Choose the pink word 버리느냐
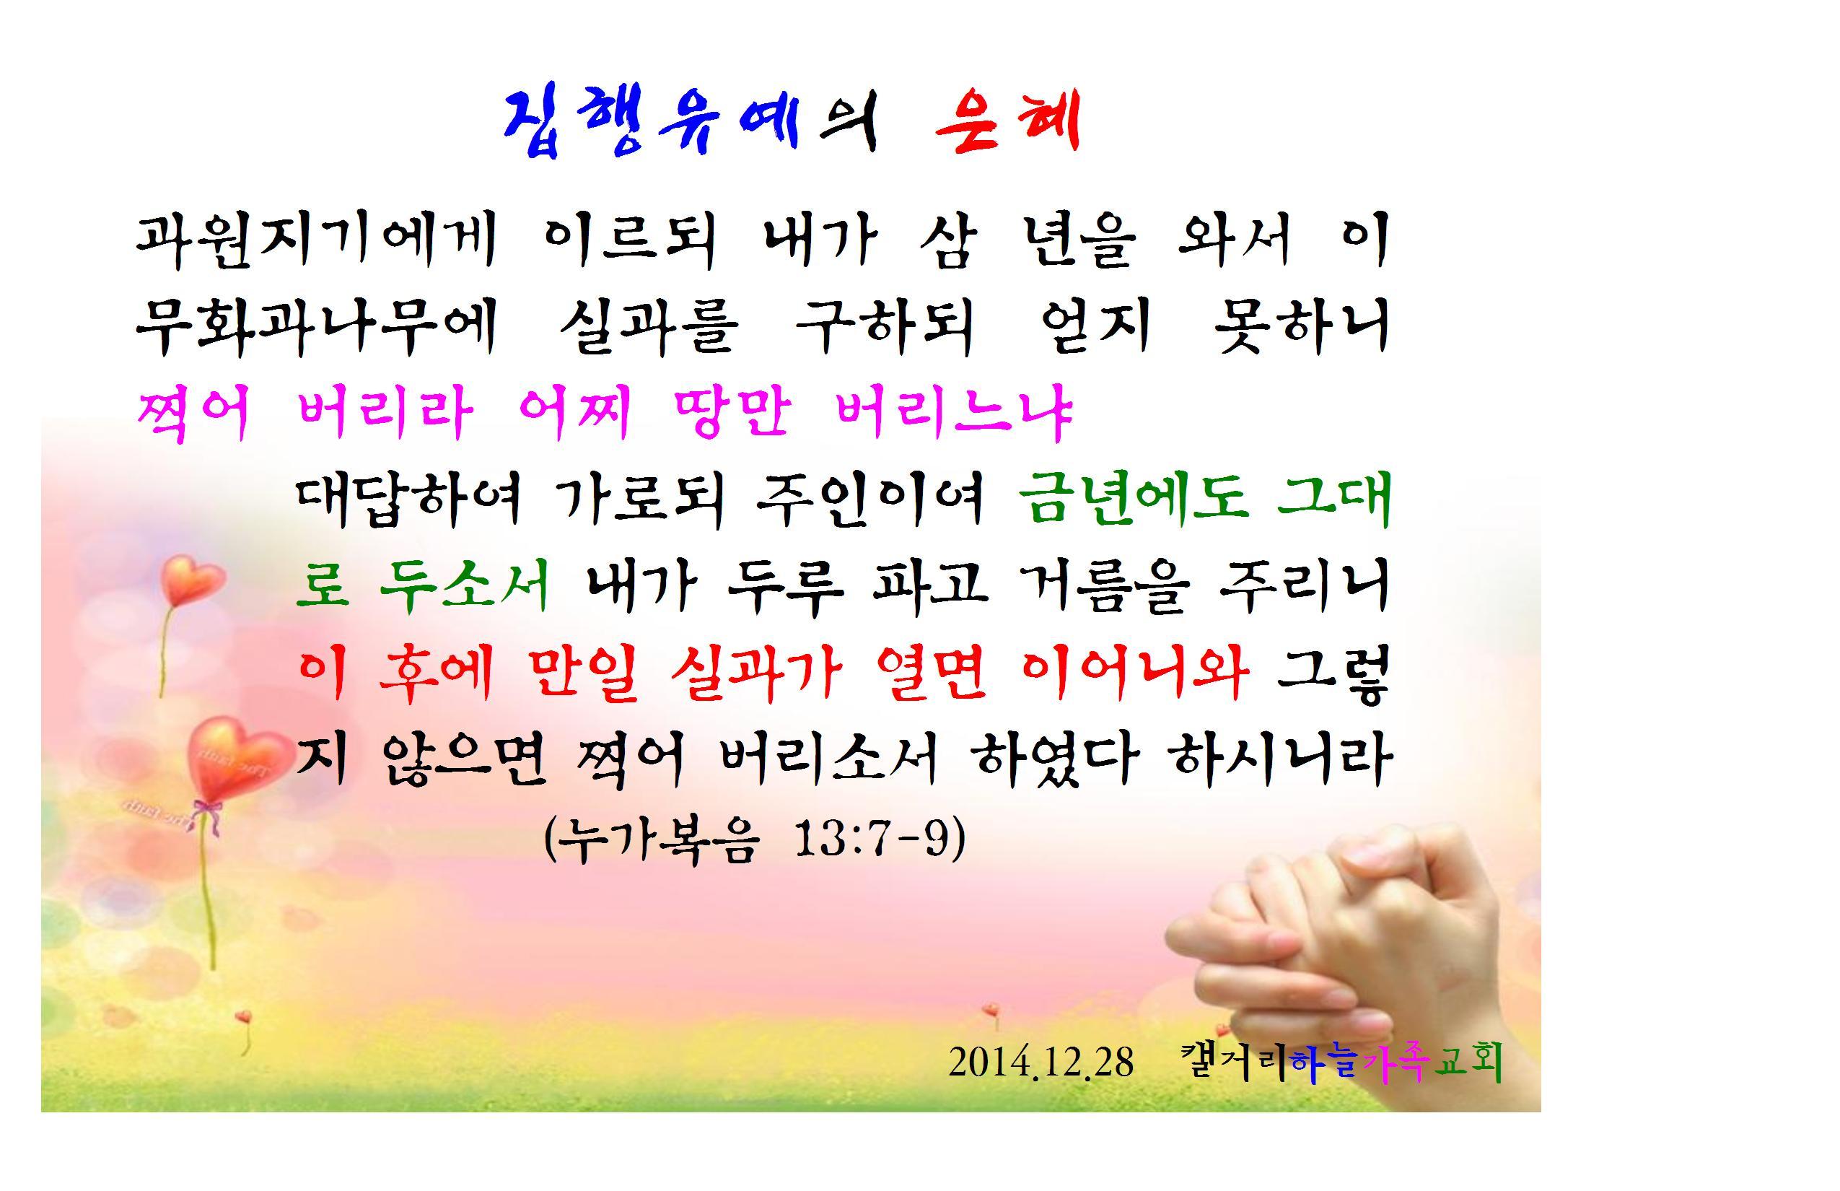tap(955, 412)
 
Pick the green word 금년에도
tap(1134, 499)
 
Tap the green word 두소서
tap(465, 586)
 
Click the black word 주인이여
tap(870, 499)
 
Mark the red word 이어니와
tap(1134, 673)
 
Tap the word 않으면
tap(464, 759)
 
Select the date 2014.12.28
tap(1041, 1062)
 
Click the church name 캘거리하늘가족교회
tap(1342, 1062)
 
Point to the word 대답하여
tap(409, 499)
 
